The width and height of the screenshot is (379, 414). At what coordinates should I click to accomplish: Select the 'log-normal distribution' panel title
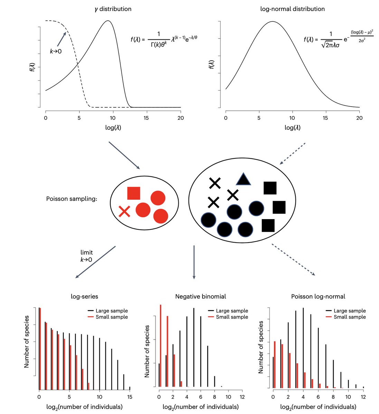292,9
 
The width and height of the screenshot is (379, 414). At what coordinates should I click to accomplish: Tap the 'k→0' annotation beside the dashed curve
56,52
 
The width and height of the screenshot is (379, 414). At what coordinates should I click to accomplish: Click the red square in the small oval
134,193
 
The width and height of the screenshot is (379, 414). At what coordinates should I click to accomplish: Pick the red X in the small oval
124,211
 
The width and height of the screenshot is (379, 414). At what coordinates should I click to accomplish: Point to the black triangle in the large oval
243,179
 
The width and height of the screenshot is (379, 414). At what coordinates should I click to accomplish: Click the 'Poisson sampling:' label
71,199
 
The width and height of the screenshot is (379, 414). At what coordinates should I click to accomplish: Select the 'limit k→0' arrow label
86,256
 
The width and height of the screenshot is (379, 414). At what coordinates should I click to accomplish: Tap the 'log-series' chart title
84,296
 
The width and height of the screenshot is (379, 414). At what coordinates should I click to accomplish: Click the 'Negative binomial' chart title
201,296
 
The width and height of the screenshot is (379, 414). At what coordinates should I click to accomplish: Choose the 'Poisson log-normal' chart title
318,296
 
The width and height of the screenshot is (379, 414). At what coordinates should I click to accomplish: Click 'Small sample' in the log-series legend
112,317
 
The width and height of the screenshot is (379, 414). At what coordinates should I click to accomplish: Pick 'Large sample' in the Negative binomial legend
232,311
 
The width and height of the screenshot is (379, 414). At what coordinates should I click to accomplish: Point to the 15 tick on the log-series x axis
130,397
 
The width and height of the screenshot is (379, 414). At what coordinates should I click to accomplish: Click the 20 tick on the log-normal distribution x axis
359,118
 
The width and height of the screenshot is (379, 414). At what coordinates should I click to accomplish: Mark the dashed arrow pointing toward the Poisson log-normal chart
293,259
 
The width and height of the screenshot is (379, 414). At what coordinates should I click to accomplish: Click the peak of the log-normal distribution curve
273,21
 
